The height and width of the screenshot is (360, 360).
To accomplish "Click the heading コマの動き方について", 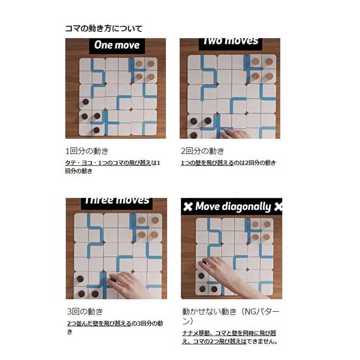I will coord(104,28).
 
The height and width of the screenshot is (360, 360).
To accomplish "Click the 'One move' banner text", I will coord(116,45).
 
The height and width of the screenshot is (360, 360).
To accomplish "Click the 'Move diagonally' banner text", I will coord(233,207).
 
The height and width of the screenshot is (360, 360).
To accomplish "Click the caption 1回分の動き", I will coord(87,151).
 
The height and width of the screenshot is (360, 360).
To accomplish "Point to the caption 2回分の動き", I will coord(203,151).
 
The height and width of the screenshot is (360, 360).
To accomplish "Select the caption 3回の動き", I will coord(85,311).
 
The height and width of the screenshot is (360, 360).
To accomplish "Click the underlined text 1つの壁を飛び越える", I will coord(207,163).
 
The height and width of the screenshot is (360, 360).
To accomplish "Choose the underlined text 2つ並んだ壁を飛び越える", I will coord(99,323).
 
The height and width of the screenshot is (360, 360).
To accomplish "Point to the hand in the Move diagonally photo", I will coord(228,272).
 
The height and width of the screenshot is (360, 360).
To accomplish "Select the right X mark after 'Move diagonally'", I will coord(278,207).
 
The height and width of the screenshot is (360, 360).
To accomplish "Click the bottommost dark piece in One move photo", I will coord(96,130).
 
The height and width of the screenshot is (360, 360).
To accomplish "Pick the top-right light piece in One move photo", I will coord(151,63).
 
